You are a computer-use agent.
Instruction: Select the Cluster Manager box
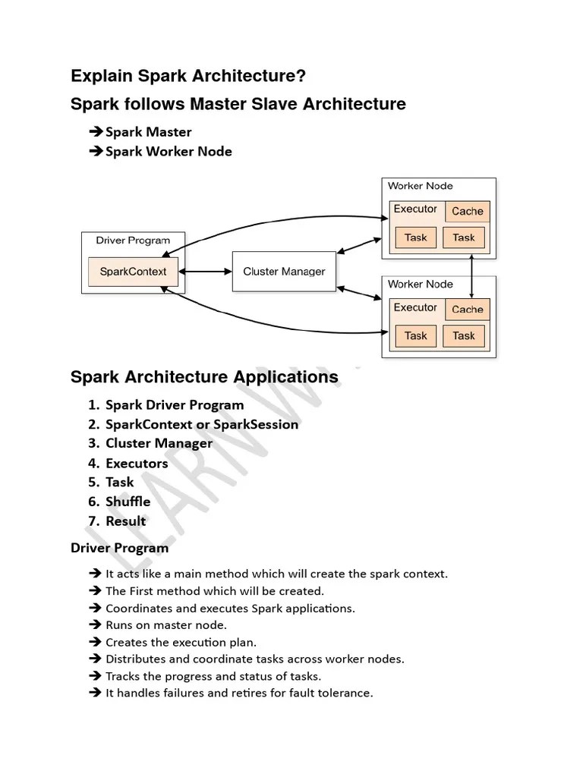pyautogui.click(x=283, y=272)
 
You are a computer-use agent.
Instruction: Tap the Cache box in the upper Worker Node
pyautogui.click(x=467, y=212)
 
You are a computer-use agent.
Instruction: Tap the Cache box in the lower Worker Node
pyautogui.click(x=467, y=310)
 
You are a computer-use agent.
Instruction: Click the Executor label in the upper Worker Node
pyautogui.click(x=415, y=209)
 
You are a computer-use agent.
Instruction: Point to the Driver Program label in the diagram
pyautogui.click(x=133, y=241)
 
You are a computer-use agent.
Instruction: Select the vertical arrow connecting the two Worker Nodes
pyautogui.click(x=472, y=277)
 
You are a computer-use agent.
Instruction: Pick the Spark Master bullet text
pyautogui.click(x=148, y=132)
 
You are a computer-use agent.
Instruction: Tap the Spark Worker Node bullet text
pyautogui.click(x=169, y=151)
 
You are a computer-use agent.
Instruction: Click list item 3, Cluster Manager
pyautogui.click(x=159, y=443)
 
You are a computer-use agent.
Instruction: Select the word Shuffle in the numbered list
pyautogui.click(x=128, y=502)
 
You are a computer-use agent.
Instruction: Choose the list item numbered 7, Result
pyautogui.click(x=125, y=521)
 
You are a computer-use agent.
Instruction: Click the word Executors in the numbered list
pyautogui.click(x=137, y=463)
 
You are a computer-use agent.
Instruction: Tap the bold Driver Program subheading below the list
pyautogui.click(x=119, y=547)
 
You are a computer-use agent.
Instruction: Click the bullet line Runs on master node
pyautogui.click(x=165, y=625)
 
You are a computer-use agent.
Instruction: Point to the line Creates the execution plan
pyautogui.click(x=181, y=643)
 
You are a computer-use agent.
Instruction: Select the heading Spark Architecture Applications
pyautogui.click(x=204, y=377)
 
